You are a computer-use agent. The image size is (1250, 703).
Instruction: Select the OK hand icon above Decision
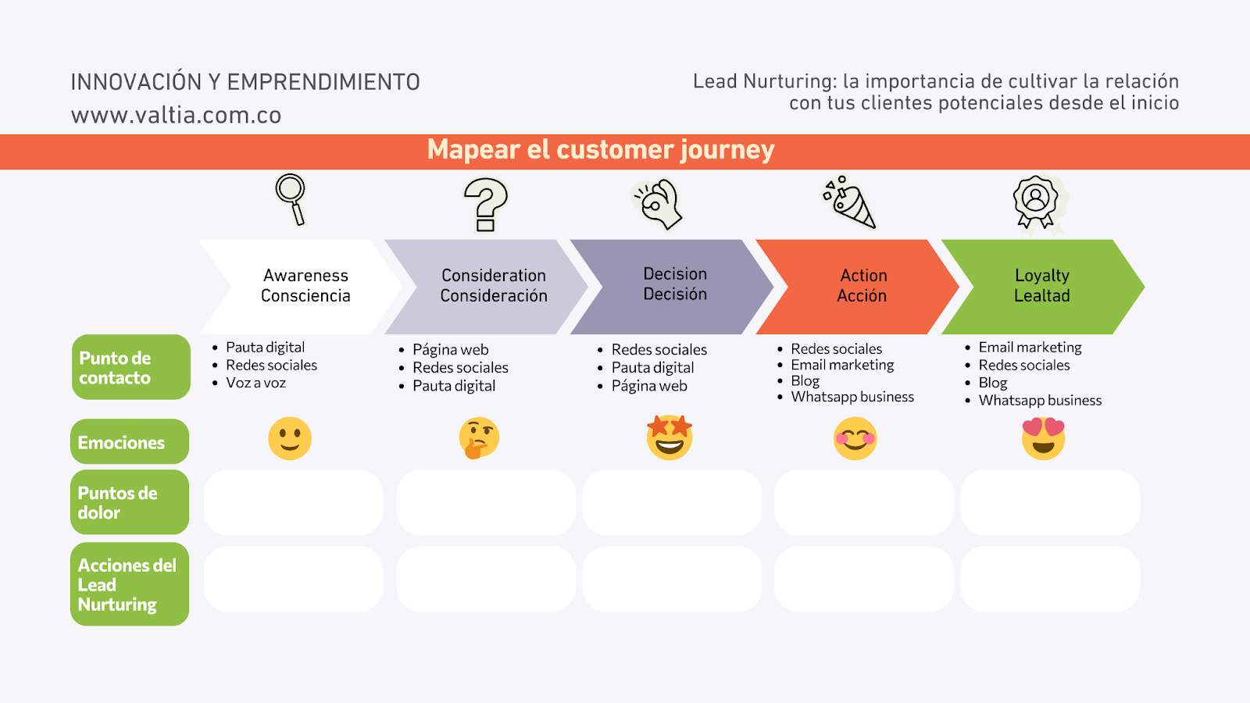[x=658, y=204]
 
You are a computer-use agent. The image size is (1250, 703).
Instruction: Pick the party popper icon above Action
[x=850, y=202]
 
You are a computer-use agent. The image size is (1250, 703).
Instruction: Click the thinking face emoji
[x=479, y=438]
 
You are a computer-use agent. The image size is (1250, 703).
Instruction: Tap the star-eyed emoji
[x=670, y=437]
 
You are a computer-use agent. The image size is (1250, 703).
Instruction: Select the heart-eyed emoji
[x=1043, y=438]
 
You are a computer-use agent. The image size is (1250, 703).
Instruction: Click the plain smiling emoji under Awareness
[x=290, y=438]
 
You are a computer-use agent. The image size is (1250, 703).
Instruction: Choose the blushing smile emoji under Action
[x=855, y=438]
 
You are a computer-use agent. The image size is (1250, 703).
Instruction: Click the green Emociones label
[x=130, y=442]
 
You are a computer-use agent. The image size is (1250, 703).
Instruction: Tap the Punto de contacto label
[x=131, y=367]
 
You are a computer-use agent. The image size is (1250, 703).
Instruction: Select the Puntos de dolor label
[x=130, y=502]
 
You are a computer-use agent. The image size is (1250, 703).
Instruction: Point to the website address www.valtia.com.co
[x=176, y=116]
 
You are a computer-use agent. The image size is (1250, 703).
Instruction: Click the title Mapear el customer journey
[x=601, y=150]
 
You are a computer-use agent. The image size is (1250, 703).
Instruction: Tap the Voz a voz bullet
[x=255, y=383]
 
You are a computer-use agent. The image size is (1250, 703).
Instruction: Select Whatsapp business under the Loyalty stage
[x=1040, y=401]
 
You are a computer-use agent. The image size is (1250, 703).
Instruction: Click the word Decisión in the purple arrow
[x=675, y=294]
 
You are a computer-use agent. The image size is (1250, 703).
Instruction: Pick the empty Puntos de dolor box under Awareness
[x=294, y=502]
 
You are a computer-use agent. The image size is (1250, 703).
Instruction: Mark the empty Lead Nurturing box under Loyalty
[x=1050, y=579]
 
